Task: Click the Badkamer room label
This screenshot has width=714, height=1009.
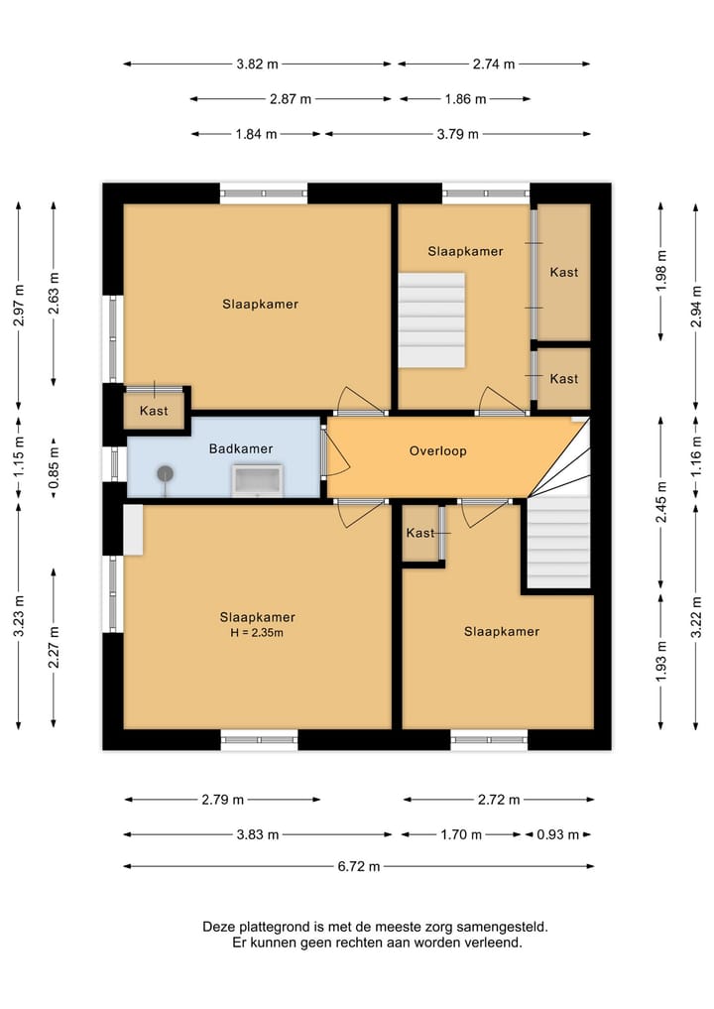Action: pos(240,448)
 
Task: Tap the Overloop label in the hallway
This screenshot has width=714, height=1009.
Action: pos(437,450)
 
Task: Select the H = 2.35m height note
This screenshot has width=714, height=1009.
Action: pos(258,633)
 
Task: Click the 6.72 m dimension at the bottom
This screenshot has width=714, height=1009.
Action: pos(359,866)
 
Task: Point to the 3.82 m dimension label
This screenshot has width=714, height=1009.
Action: pos(257,63)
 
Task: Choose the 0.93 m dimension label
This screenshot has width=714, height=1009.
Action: pos(557,834)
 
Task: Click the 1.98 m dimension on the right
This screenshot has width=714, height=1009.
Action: pos(661,268)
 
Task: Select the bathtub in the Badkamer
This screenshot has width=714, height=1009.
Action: pos(258,479)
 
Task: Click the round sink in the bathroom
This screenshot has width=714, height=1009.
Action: pos(164,475)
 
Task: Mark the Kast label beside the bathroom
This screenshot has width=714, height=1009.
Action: pos(154,411)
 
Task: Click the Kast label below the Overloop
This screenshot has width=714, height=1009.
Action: pos(420,533)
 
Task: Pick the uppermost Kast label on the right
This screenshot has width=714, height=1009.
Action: pos(563,272)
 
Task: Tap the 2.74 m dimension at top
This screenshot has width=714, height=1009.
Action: pos(494,63)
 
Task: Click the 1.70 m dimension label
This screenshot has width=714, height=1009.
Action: pos(460,834)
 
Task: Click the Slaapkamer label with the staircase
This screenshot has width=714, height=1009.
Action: pos(465,251)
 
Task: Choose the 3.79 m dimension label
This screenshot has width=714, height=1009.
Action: pos(457,134)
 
